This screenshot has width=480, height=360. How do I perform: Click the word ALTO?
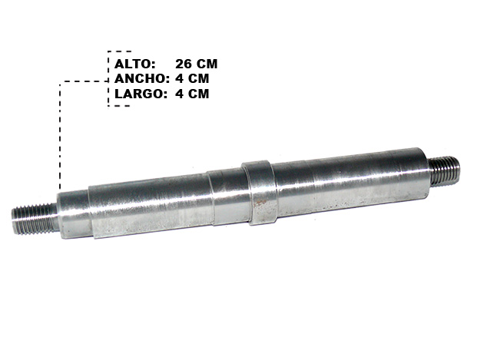[x=135, y=64]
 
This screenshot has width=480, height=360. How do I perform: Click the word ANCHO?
[x=142, y=79]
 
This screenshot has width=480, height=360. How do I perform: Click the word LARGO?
[x=141, y=94]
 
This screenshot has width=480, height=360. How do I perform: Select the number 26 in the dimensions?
[x=184, y=64]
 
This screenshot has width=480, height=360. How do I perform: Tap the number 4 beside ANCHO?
[x=179, y=79]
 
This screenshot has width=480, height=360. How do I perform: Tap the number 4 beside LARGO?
[x=179, y=94]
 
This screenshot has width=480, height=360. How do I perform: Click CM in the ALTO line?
[x=207, y=64]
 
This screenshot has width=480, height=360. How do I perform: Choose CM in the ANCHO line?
[x=198, y=79]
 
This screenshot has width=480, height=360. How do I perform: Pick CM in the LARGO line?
[x=198, y=94]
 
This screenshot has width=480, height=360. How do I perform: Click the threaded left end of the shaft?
[x=35, y=219]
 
